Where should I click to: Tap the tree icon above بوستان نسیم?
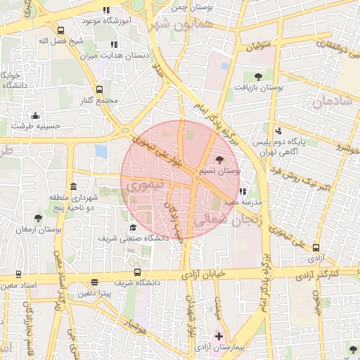[220, 160]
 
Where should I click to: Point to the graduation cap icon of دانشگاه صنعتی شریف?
[134, 227]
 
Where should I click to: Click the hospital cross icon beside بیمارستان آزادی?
[219, 337]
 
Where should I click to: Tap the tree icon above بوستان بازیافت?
[258, 76]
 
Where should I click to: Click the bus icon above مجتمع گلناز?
[99, 89]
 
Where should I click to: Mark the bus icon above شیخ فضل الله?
[61, 30]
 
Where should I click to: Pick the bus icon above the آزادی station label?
[316, 247]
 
